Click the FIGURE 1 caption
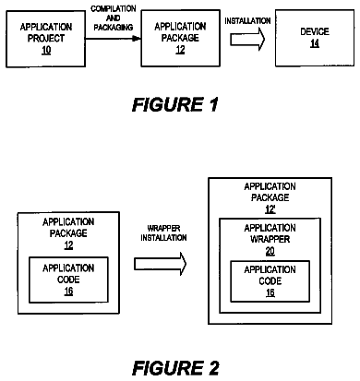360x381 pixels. pyautogui.click(x=175, y=104)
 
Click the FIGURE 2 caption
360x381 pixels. pyautogui.click(x=175, y=368)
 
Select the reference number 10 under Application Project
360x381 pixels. pyautogui.click(x=46, y=50)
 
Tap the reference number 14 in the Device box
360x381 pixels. pyautogui.click(x=315, y=43)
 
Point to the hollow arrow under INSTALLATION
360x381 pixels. pyautogui.click(x=247, y=39)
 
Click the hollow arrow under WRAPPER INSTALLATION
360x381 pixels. pyautogui.click(x=161, y=264)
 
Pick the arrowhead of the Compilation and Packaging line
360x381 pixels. pyautogui.click(x=137, y=39)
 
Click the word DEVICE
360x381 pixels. pyautogui.click(x=315, y=31)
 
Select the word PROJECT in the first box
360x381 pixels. pyautogui.click(x=46, y=39)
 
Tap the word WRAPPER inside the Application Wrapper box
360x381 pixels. pyautogui.click(x=270, y=239)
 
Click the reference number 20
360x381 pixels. pyautogui.click(x=270, y=251)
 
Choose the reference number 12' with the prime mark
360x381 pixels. pyautogui.click(x=270, y=209)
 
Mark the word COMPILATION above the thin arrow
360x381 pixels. pyautogui.click(x=114, y=8)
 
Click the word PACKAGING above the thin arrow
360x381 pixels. pyautogui.click(x=114, y=28)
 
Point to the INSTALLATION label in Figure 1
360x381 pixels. pyautogui.click(x=247, y=21)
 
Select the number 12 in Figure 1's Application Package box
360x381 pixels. pyautogui.click(x=180, y=50)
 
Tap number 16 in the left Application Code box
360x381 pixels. pyautogui.click(x=68, y=291)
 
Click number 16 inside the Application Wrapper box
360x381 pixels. pyautogui.click(x=270, y=292)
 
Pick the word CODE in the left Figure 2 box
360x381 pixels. pyautogui.click(x=68, y=280)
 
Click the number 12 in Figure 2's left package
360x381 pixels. pyautogui.click(x=68, y=245)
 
